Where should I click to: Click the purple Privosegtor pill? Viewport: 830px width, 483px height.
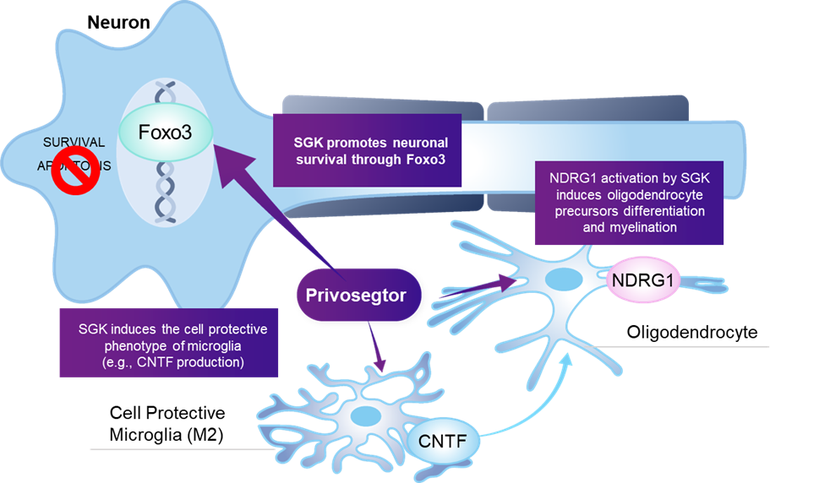pos(357,295)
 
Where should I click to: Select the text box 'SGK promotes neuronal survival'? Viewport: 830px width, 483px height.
pos(366,149)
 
